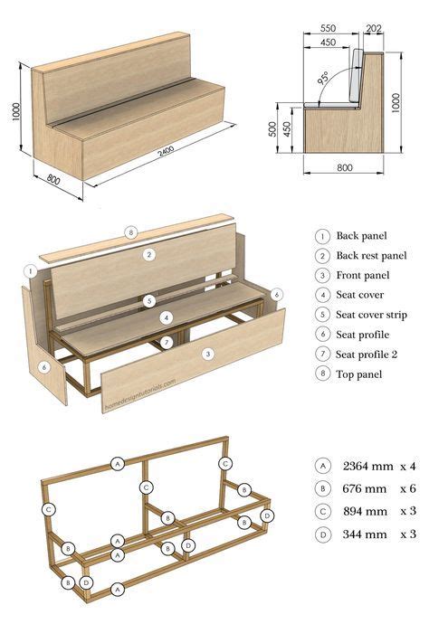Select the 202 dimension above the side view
pyautogui.click(x=375, y=29)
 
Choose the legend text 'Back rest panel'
pyautogui.click(x=371, y=255)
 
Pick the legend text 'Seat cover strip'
pyautogui.click(x=372, y=315)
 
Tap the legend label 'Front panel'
pyautogui.click(x=363, y=275)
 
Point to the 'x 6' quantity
pyautogui.click(x=407, y=488)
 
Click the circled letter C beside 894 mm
pyautogui.click(x=323, y=512)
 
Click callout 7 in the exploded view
pyautogui.click(x=166, y=342)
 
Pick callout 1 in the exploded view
pyautogui.click(x=31, y=270)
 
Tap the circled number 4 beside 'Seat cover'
pyautogui.click(x=323, y=295)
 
